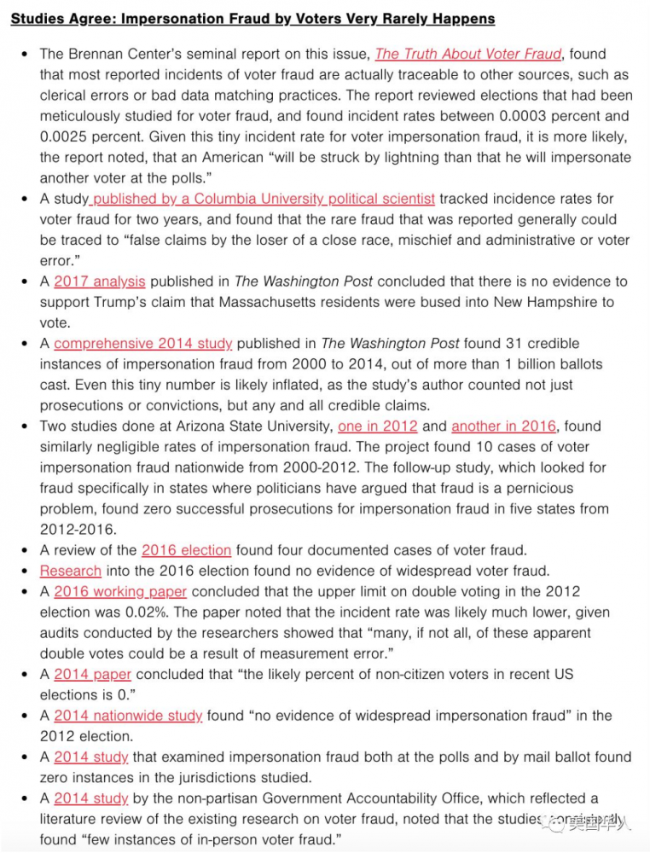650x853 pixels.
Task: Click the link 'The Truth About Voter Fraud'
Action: click(x=467, y=54)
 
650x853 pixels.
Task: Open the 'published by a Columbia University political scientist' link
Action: click(x=263, y=199)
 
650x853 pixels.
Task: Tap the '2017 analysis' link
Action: click(x=99, y=281)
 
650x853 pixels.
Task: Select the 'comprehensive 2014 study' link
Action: click(x=142, y=344)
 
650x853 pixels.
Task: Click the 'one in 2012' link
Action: click(x=377, y=426)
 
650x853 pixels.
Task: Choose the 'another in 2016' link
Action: click(x=503, y=426)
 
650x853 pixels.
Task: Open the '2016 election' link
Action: click(x=186, y=550)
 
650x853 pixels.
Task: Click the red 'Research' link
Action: click(x=70, y=571)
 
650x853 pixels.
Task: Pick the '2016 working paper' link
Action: click(x=120, y=592)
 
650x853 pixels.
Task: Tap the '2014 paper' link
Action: click(x=92, y=675)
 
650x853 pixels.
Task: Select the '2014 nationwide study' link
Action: click(x=128, y=716)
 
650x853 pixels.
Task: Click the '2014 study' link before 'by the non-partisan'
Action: click(x=90, y=798)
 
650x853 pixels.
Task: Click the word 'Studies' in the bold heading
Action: click(x=37, y=18)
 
